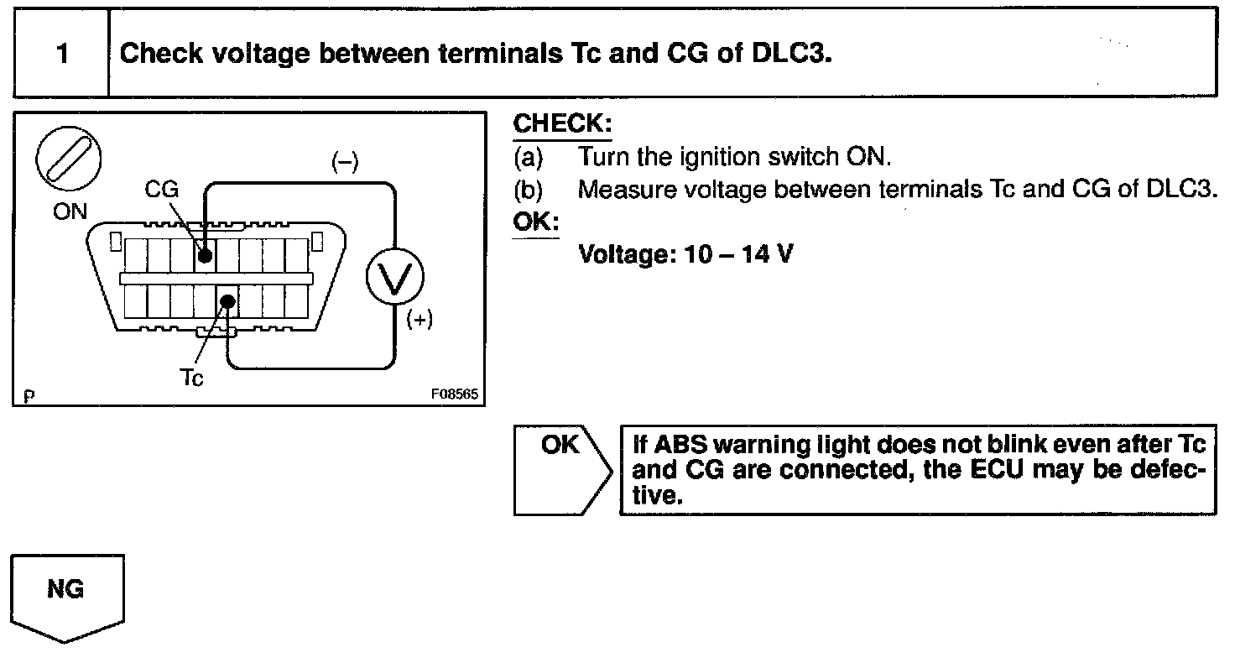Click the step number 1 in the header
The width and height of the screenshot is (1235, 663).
[62, 54]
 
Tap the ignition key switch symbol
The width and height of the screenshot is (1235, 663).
[68, 159]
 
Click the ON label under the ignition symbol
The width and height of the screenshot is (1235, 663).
[70, 211]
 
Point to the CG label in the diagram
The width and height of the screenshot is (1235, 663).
[162, 189]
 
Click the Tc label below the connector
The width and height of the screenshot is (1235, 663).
[191, 378]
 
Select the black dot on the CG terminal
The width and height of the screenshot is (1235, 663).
[205, 255]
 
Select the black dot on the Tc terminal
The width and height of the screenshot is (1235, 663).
[227, 301]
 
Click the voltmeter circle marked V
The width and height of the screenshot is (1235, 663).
[395, 276]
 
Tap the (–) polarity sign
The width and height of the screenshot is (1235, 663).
[345, 162]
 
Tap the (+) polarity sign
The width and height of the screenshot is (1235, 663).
[419, 320]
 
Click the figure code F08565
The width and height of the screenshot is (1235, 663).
[454, 394]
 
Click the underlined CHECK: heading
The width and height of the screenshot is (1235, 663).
[562, 123]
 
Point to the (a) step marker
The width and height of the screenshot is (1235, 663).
[529, 157]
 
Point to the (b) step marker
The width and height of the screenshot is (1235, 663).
[529, 190]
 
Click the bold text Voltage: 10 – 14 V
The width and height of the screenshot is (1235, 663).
[685, 254]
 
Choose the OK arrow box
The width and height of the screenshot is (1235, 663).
[563, 470]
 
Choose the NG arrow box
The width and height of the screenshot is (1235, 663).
[67, 598]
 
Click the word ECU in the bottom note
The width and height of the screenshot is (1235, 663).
[996, 469]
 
